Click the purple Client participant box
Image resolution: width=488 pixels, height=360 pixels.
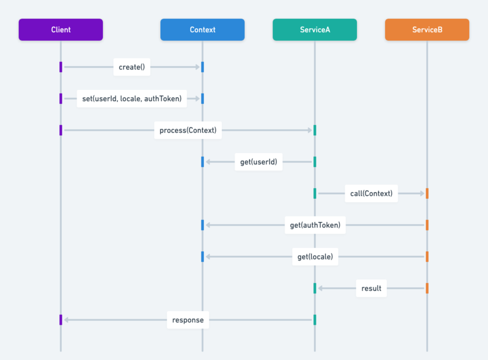61,30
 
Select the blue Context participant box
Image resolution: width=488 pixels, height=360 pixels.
202,30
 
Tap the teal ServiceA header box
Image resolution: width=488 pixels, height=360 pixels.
315,30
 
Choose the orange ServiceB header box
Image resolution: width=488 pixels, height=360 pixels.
427,30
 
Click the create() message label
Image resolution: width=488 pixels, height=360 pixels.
132,67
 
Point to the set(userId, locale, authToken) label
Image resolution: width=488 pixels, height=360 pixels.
132,99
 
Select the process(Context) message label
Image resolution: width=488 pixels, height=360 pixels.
188,130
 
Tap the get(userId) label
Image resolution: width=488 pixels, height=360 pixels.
258,162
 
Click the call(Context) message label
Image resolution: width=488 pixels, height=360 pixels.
371,194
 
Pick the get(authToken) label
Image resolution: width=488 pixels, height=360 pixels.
315,225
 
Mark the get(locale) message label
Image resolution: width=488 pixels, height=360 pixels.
315,257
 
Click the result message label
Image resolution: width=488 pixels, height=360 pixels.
371,288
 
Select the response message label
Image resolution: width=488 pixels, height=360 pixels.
188,320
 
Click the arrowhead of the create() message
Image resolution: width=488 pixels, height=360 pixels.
197,67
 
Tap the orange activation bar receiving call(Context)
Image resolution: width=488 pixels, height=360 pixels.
427,194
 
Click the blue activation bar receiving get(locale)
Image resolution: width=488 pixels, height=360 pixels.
202,257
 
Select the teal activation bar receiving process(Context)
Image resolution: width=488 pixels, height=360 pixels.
315,130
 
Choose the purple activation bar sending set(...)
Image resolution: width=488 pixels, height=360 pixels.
61,99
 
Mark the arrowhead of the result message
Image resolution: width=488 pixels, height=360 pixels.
320,288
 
